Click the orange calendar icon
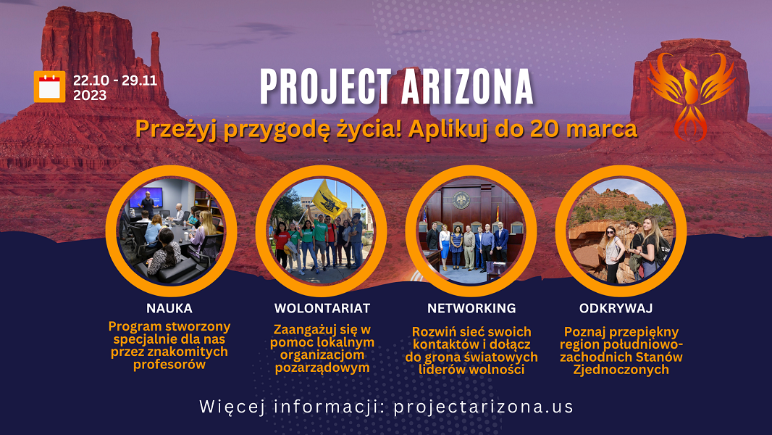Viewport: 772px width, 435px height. (49, 87)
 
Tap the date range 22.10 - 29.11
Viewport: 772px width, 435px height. (115, 80)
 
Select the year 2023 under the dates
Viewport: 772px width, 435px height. (90, 95)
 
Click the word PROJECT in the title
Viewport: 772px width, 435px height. (325, 87)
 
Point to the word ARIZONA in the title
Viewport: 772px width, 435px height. (467, 87)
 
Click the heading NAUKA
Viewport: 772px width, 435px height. (169, 308)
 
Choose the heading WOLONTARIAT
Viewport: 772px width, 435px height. (322, 308)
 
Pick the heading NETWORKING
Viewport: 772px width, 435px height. (471, 308)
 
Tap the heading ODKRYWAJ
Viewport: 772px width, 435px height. (616, 308)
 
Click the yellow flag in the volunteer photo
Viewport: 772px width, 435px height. (328, 199)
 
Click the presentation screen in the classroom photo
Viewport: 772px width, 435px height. (146, 197)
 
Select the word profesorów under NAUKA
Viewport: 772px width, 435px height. (169, 365)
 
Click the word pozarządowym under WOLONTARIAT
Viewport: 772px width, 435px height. (322, 368)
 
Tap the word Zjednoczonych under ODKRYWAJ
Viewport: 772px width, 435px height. (621, 370)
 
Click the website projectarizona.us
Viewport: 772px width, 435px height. (484, 407)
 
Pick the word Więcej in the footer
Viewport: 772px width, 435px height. (232, 407)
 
